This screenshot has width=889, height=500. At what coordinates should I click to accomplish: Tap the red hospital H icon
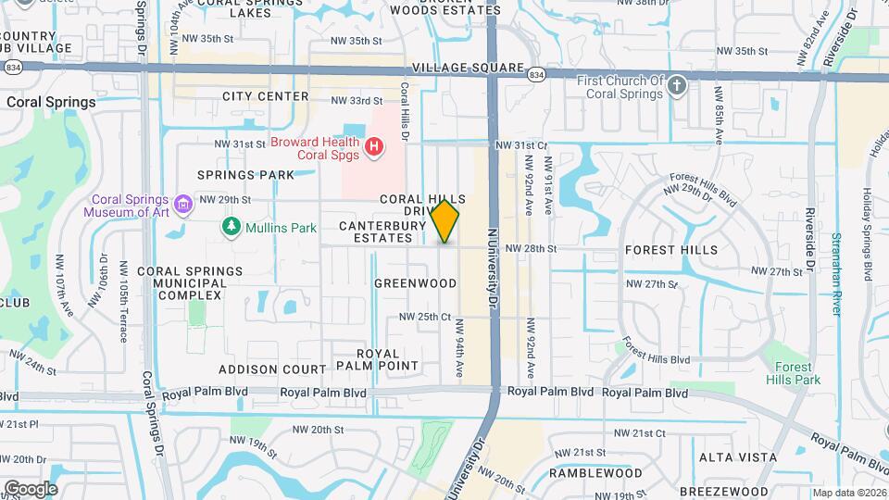pos(374,146)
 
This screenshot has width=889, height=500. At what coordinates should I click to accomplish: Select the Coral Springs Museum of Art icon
pos(182,203)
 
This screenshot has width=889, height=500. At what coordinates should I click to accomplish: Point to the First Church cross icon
pos(677,86)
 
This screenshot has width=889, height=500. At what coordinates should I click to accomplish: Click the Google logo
pos(31,488)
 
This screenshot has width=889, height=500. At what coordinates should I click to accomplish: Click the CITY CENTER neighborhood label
pos(265,96)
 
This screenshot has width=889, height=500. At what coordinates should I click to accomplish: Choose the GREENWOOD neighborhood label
pos(416,282)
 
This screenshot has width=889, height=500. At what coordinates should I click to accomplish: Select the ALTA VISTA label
pos(730,457)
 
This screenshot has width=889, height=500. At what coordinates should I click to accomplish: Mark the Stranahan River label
pos(836,260)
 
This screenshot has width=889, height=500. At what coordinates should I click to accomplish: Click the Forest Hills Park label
pos(793,373)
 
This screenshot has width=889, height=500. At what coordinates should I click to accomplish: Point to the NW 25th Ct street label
pos(424,317)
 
